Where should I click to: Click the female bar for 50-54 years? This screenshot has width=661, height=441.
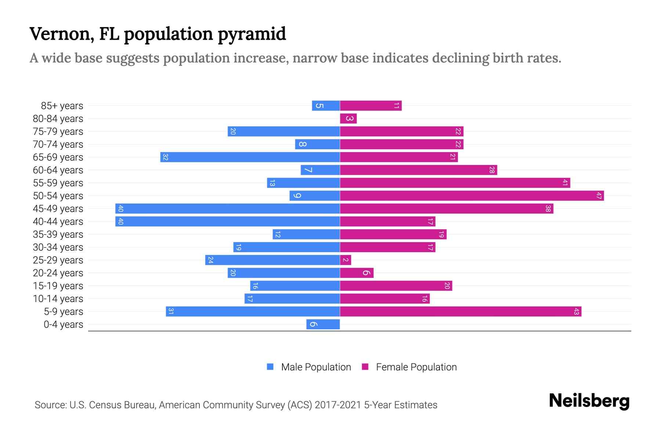click(x=472, y=196)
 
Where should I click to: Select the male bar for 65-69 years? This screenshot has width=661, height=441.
click(x=250, y=157)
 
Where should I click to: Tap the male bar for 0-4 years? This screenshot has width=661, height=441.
click(x=323, y=324)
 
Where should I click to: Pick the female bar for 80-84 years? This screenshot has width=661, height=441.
click(x=348, y=118)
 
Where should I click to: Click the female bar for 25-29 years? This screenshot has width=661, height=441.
click(x=346, y=260)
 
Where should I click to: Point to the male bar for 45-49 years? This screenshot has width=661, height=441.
click(x=228, y=208)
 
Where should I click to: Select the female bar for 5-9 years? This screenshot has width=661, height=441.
click(x=460, y=311)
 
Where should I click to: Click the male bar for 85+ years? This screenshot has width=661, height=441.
click(x=326, y=105)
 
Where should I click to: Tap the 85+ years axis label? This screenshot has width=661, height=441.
click(x=62, y=106)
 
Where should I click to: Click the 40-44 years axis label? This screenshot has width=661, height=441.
click(x=58, y=222)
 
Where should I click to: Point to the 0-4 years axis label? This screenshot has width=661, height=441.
click(x=63, y=325)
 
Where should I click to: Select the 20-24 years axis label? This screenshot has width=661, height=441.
click(x=58, y=273)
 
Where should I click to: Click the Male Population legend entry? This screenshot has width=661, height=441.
click(x=316, y=367)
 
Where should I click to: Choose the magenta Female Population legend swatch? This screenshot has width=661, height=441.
click(x=365, y=367)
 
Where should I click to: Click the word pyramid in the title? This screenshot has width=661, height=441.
click(x=252, y=34)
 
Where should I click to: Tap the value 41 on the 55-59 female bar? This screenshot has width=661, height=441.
click(x=565, y=183)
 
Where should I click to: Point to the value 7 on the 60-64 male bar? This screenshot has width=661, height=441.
click(x=308, y=170)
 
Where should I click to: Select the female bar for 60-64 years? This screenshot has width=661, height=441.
click(x=418, y=170)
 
